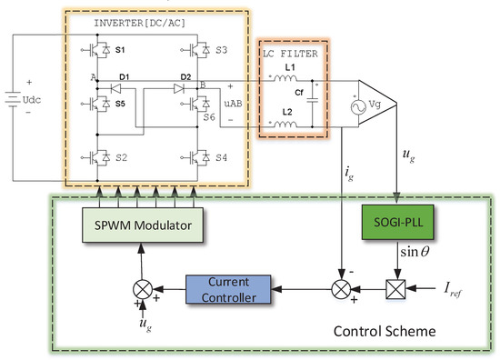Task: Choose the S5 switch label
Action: point(123,102)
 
